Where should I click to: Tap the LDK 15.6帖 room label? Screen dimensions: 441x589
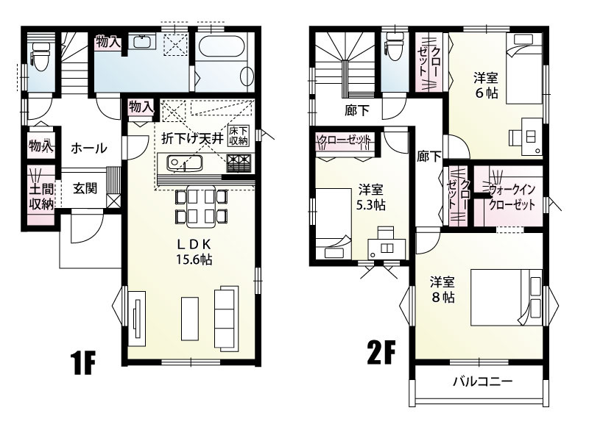point(194,251)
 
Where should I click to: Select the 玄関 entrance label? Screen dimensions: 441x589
point(85,188)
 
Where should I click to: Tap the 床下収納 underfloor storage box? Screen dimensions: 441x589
point(239,135)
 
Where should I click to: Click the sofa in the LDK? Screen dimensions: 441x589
point(225,312)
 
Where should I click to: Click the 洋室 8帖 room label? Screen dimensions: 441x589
point(442,289)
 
